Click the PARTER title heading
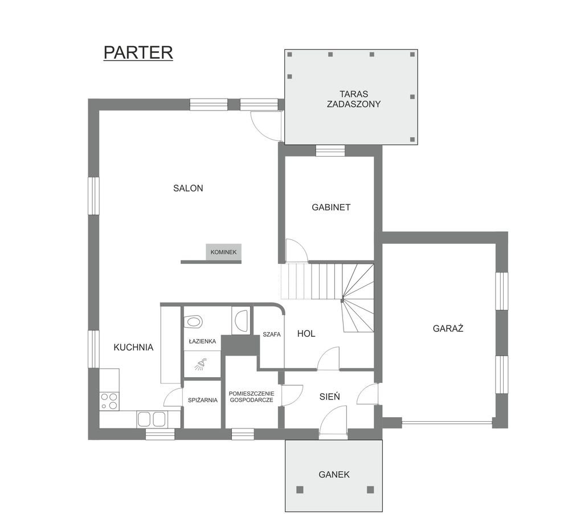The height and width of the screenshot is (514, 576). [x=138, y=52]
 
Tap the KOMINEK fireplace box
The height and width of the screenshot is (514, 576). [x=223, y=252]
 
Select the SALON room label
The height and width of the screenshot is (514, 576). [x=188, y=188]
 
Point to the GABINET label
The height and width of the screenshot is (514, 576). [x=331, y=207]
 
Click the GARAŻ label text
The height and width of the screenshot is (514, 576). [x=448, y=328]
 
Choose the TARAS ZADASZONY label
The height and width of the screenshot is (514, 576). [x=354, y=99]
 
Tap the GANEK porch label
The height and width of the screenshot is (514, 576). [x=334, y=474]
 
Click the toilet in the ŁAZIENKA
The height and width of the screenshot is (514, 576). [x=194, y=322]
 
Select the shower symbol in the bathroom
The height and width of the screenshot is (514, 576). [x=201, y=365]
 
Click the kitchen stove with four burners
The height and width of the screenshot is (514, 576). [x=109, y=401]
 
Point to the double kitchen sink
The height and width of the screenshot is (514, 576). [x=152, y=419]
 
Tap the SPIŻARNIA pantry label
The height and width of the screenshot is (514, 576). [x=203, y=400]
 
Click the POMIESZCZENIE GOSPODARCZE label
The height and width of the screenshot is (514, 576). [x=252, y=397]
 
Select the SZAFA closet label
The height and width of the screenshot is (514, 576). [x=271, y=334]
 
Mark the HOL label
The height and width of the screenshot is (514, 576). [x=306, y=333]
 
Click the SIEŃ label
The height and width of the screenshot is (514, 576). [x=329, y=396]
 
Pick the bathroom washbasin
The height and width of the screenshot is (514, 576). [x=242, y=320]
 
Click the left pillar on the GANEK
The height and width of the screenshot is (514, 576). [x=300, y=489]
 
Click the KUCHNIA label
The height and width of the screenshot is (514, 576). [x=133, y=347]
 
